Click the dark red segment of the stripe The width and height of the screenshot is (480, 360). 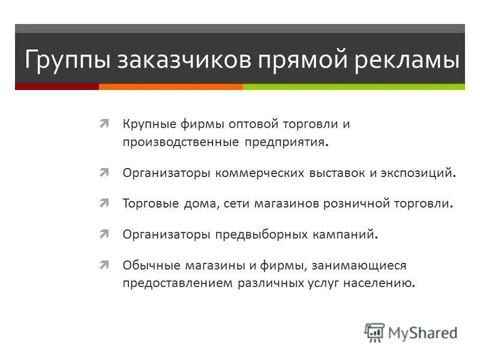pyautogui.click(x=57, y=86)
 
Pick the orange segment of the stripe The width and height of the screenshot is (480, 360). pyautogui.click(x=170, y=86)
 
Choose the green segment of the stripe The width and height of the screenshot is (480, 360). pyautogui.click(x=353, y=86)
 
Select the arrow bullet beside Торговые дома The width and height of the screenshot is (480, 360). pyautogui.click(x=104, y=203)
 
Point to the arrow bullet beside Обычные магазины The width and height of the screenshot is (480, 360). pyautogui.click(x=104, y=265)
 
